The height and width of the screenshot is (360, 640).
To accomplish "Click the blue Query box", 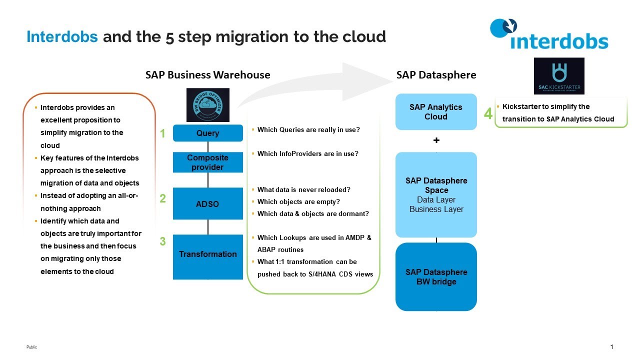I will point(207,133).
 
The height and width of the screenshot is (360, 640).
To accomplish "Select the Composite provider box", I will point(207,162).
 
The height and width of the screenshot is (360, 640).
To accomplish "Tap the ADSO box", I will point(207,204).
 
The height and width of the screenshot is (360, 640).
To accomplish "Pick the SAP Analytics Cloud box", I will point(435,112).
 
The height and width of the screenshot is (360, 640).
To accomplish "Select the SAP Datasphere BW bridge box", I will point(436,277).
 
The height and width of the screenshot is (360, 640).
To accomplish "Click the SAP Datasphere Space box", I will point(436,195).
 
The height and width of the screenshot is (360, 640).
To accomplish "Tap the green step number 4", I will point(488,114).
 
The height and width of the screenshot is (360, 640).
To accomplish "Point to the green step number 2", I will point(162,198).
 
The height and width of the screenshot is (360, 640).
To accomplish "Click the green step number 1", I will point(162,133).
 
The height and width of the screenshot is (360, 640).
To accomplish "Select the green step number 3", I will point(162,241).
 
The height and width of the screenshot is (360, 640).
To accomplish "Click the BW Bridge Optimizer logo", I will point(207,105).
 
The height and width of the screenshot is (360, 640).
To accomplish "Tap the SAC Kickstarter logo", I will point(559,76).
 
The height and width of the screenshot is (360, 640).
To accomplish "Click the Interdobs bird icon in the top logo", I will point(503,27).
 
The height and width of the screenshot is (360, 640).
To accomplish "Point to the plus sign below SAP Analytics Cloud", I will point(436,140).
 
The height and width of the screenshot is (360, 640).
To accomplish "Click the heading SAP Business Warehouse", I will point(207,75).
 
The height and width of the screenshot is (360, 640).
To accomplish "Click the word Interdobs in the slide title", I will point(62,37).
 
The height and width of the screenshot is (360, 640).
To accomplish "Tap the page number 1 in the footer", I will point(611,347).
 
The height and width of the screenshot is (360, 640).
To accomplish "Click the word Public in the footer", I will point(31,347).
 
